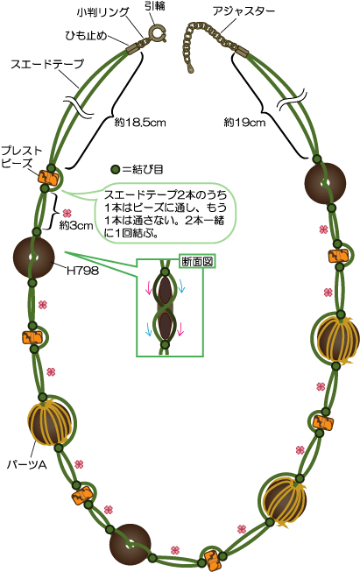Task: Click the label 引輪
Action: [155, 6]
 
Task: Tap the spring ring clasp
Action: [157, 33]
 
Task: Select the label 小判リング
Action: [103, 13]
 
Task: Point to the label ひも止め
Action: [86, 36]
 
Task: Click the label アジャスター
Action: [244, 11]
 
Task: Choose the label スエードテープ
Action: [47, 64]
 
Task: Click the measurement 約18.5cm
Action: [140, 123]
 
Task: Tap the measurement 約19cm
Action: [244, 123]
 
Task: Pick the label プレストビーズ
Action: [22, 157]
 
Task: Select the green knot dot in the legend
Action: [116, 170]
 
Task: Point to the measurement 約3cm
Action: [76, 226]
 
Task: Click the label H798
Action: [82, 271]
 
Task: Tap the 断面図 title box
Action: [198, 261]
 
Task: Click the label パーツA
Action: [27, 465]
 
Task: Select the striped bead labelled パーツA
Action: [49, 422]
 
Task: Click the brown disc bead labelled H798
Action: [33, 258]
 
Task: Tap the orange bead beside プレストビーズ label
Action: [48, 179]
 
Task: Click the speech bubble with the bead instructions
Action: [166, 214]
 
